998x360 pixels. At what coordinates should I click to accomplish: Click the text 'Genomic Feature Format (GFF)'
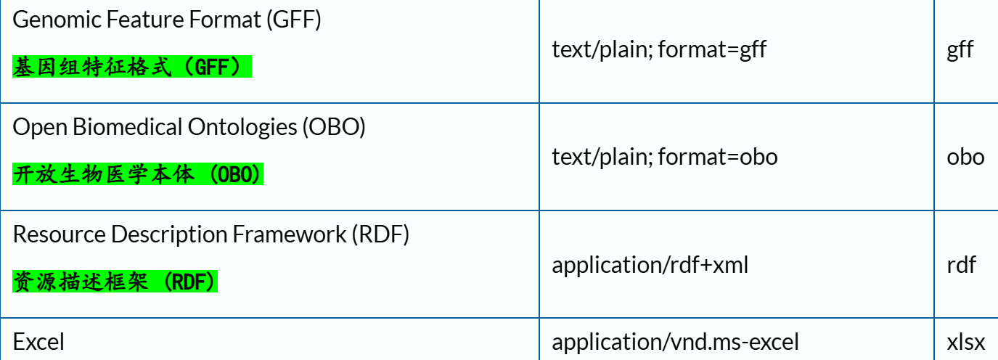click(x=167, y=20)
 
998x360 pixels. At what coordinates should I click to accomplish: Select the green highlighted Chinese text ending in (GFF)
click(x=131, y=68)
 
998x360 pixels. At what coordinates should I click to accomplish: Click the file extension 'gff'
click(x=960, y=50)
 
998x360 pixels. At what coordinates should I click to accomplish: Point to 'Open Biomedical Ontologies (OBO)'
click(x=189, y=127)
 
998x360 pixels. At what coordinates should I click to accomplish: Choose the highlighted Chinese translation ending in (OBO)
click(x=138, y=175)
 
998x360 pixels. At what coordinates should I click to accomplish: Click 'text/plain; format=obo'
click(x=664, y=157)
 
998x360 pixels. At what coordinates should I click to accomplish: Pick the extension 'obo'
click(x=965, y=157)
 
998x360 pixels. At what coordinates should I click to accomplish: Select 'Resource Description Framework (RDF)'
click(x=211, y=234)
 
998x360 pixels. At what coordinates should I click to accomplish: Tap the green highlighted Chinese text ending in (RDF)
click(x=115, y=282)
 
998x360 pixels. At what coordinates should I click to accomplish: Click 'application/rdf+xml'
click(x=650, y=265)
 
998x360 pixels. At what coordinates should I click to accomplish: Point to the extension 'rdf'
click(x=961, y=265)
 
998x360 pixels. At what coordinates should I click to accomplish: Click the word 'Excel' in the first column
click(x=38, y=342)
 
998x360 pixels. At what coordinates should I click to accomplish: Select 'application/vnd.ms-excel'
click(x=675, y=342)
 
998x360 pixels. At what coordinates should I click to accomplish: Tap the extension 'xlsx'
click(x=965, y=342)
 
